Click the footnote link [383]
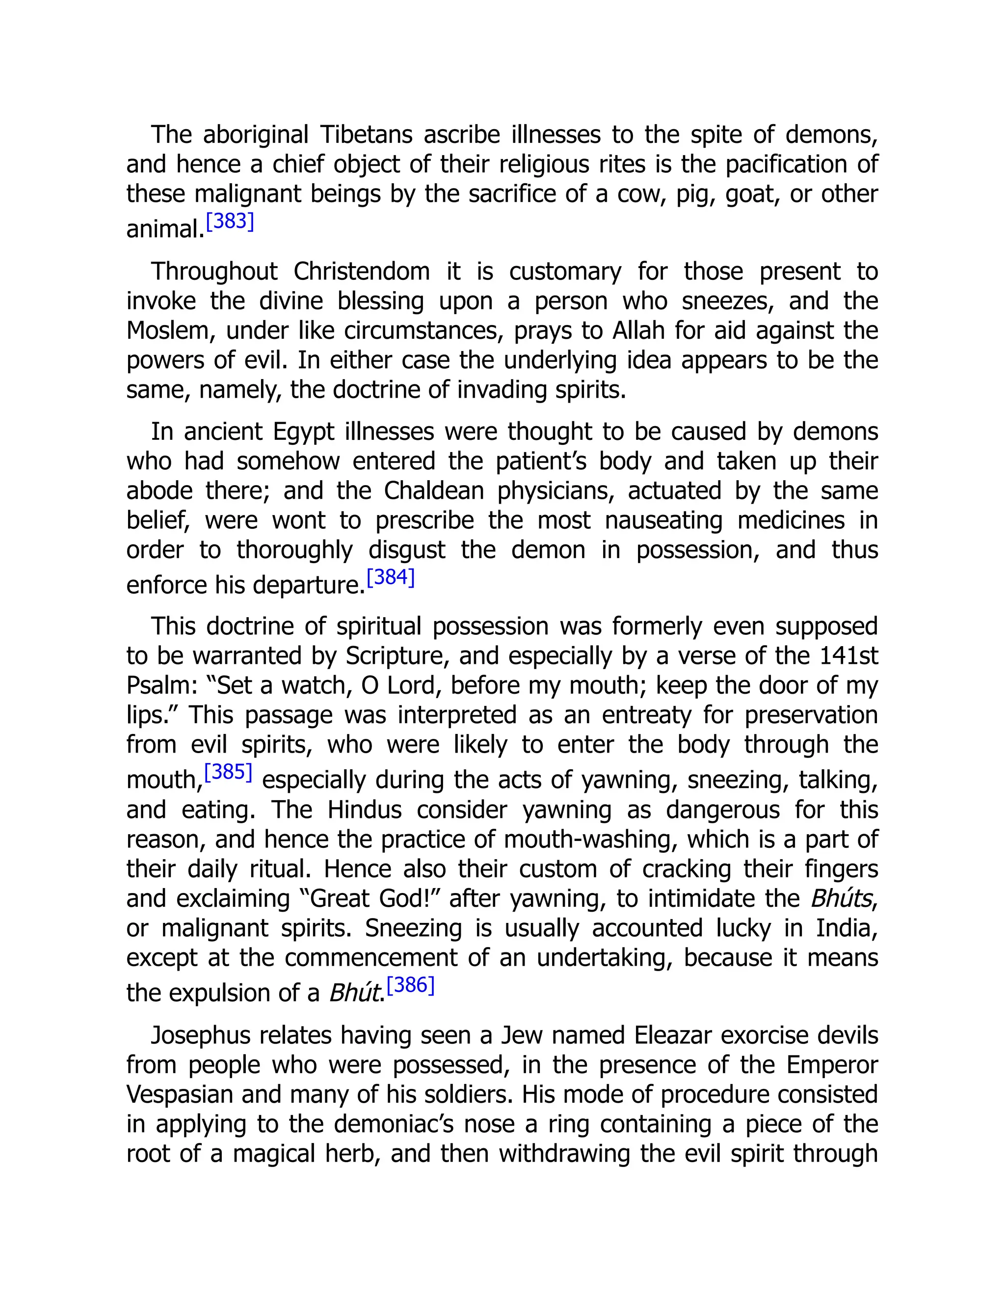click(230, 221)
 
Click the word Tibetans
click(366, 135)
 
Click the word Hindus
click(365, 810)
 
